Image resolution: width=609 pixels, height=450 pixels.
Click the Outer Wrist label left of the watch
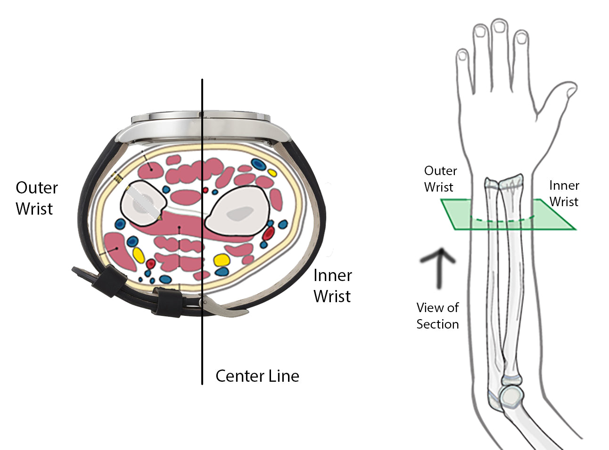click(x=36, y=198)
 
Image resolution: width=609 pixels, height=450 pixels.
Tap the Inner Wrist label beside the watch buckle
click(x=332, y=286)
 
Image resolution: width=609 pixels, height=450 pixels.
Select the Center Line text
click(x=257, y=376)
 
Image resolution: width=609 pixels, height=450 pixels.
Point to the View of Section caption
click(x=437, y=316)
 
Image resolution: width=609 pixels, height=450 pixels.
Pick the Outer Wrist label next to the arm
click(x=440, y=179)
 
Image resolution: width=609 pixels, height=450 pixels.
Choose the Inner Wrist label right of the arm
click(x=564, y=193)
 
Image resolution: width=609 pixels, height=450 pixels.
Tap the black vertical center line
click(x=202, y=339)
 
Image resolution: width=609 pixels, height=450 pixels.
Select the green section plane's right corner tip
click(x=574, y=229)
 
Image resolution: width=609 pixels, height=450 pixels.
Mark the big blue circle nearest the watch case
click(x=257, y=164)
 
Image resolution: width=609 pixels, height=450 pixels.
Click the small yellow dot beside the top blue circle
click(x=272, y=172)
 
